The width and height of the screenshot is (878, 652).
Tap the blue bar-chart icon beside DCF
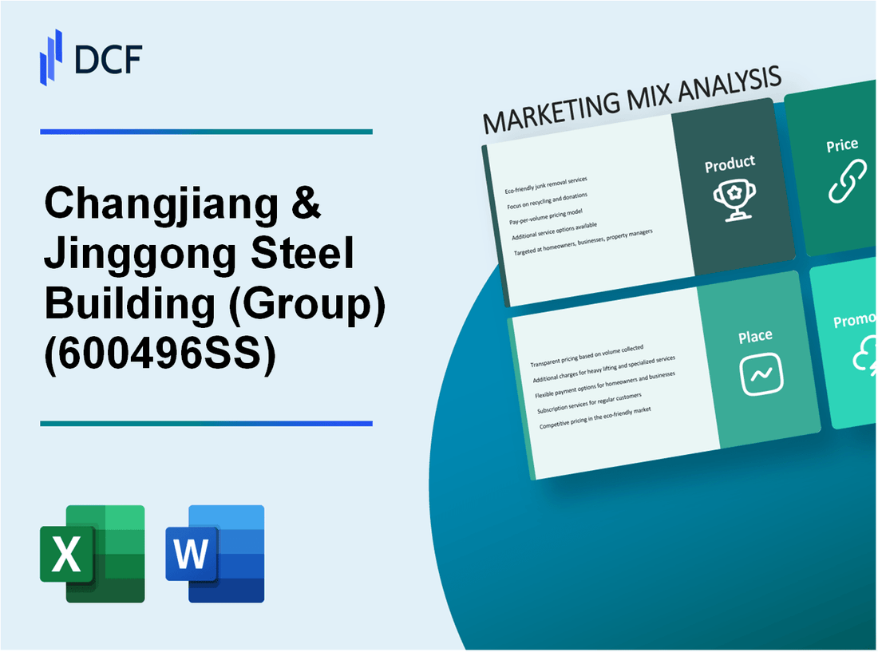(52, 57)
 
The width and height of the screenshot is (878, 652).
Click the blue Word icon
(215, 553)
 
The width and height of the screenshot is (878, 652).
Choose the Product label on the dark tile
(730, 164)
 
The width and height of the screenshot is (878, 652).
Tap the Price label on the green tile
(842, 145)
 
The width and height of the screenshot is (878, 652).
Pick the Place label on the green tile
(754, 337)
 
